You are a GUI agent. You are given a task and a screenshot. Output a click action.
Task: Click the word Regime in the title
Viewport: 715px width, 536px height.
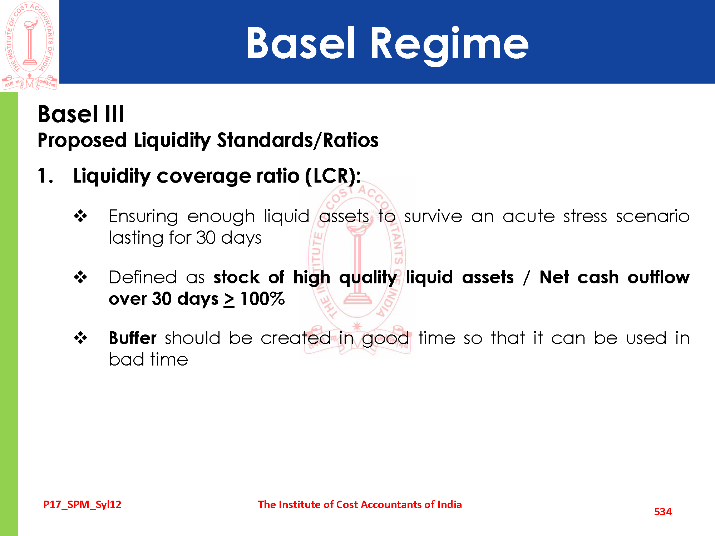449,45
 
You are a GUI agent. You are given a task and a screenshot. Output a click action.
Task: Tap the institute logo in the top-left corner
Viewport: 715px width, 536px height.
30,45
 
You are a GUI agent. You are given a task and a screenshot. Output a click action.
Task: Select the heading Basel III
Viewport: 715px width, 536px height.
81,114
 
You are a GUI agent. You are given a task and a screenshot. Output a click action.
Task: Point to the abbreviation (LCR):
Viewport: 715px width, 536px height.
333,176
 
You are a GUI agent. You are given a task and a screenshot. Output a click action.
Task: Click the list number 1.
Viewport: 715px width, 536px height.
46,176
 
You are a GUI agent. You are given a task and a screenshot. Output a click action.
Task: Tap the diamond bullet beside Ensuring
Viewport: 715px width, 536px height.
80,216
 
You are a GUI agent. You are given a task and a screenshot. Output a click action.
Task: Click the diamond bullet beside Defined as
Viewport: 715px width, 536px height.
80,277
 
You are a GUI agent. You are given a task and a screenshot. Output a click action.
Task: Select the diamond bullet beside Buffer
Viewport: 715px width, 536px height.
80,338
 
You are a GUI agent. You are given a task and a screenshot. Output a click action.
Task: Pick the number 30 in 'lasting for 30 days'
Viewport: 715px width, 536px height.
206,238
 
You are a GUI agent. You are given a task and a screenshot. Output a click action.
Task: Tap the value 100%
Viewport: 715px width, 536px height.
262,299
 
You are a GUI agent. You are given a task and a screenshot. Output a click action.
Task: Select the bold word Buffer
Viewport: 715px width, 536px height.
133,338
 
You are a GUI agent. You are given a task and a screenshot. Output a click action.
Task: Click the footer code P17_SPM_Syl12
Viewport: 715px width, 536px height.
82,505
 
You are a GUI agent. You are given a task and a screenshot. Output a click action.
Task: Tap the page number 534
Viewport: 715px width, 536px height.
663,512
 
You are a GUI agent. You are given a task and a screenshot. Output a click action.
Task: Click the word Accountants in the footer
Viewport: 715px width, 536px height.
391,505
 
